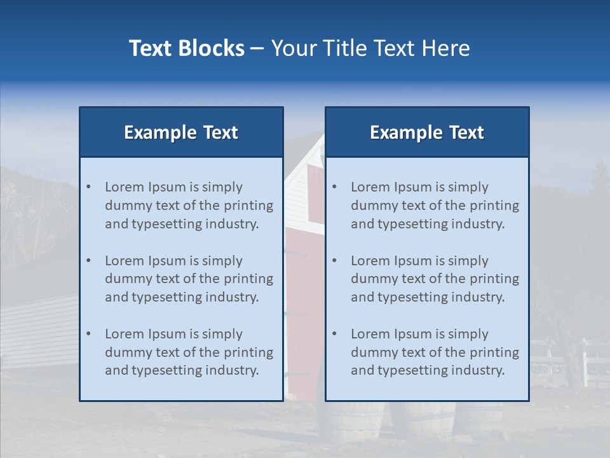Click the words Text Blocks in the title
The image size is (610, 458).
pos(186,48)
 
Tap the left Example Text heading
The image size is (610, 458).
pos(181,132)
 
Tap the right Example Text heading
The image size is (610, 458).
pos(427,132)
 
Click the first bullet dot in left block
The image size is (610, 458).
pos(88,187)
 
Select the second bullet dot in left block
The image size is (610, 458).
pos(88,261)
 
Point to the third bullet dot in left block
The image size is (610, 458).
pos(88,334)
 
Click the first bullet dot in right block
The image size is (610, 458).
pos(334,187)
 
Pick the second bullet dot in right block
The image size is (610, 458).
pos(334,261)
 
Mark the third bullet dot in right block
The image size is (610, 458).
pos(334,334)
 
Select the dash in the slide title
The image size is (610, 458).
pos(257,48)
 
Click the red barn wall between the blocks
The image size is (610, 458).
pos(304,267)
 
